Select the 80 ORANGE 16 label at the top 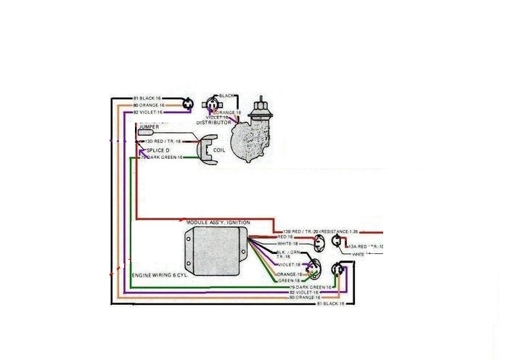(x=149, y=105)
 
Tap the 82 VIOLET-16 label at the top (x=149, y=112)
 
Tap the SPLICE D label (x=160, y=150)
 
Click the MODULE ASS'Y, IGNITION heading (x=218, y=221)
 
